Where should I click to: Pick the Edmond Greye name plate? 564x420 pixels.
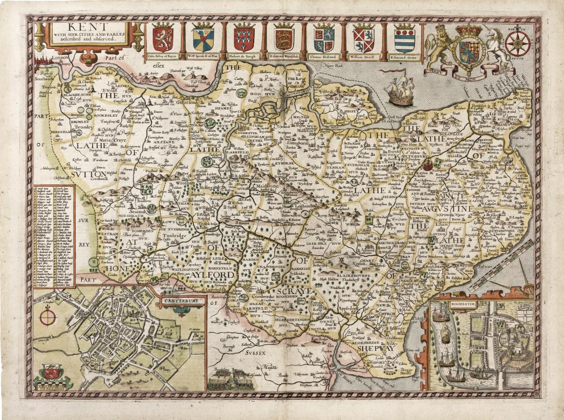pyautogui.click(x=405, y=58)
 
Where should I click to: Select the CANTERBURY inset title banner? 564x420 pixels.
pyautogui.click(x=183, y=300)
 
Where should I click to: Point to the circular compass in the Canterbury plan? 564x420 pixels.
pyautogui.click(x=47, y=317)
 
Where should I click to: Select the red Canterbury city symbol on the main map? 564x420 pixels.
pyautogui.click(x=427, y=165)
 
